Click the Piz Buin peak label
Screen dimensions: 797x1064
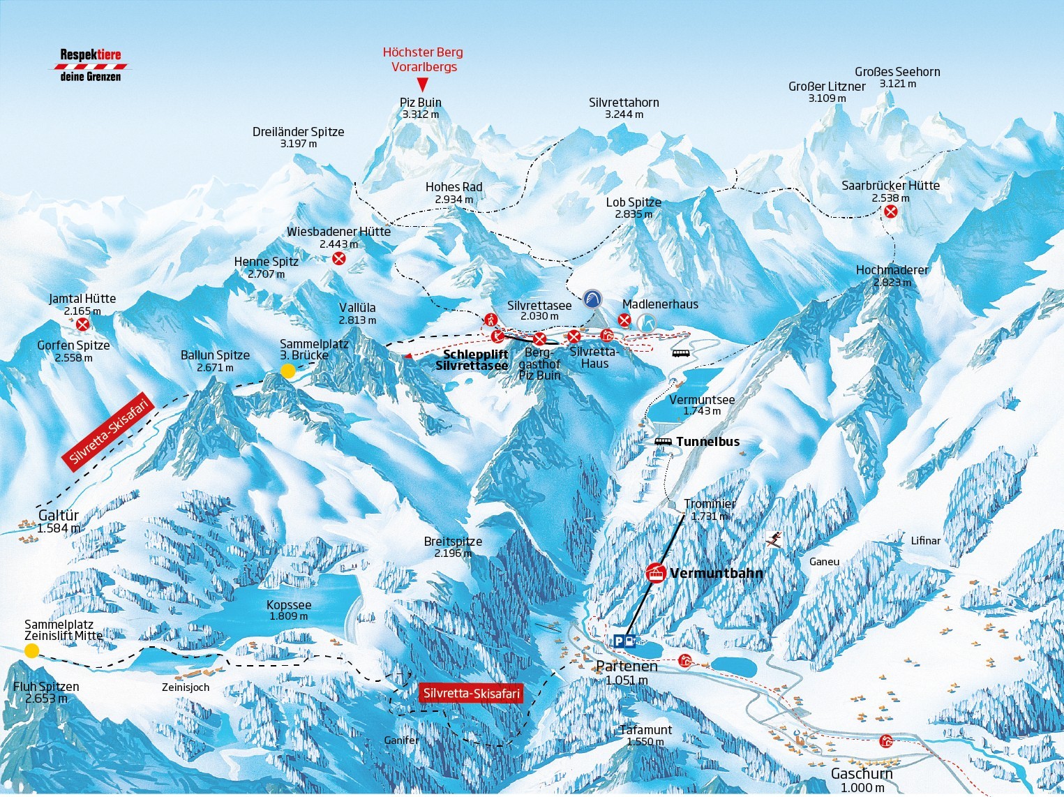point(421,103)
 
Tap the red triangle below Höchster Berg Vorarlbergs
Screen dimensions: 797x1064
point(422,84)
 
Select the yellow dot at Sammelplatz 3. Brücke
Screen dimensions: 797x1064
point(288,371)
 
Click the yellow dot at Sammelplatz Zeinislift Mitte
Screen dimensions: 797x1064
point(31,650)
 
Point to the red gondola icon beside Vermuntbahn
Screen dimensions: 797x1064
point(655,573)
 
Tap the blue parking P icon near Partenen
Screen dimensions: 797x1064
point(620,641)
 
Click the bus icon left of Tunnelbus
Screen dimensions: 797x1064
point(664,442)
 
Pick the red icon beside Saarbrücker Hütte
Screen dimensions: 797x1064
point(890,211)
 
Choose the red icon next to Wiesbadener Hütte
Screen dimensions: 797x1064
point(338,259)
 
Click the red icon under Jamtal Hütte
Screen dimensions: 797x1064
point(82,324)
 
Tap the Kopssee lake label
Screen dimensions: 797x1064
point(289,606)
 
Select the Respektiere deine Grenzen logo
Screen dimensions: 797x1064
point(91,65)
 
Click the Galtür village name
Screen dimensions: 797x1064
point(59,516)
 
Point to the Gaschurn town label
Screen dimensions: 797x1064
point(862,774)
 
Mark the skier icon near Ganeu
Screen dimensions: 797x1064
point(773,539)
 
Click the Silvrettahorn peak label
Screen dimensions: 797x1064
point(624,103)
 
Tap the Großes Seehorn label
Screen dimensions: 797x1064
point(897,72)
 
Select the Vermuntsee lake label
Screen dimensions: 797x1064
point(702,400)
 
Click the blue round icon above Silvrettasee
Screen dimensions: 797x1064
point(592,299)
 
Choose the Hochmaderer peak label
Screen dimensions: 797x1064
point(892,270)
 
